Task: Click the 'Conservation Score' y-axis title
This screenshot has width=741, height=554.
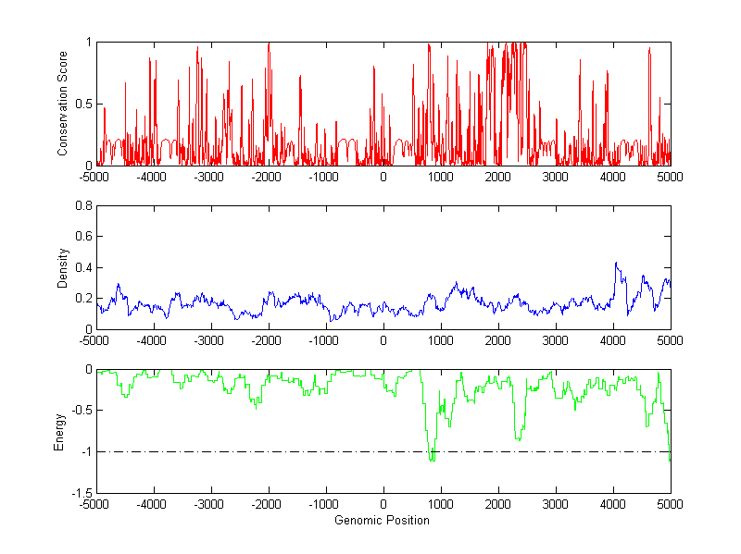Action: coord(63,104)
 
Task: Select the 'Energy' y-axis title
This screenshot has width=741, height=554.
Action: coord(60,431)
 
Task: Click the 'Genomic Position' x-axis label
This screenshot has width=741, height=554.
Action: coord(383,520)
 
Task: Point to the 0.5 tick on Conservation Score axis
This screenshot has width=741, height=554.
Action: coord(83,104)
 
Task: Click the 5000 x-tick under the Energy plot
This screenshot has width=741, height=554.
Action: coord(670,504)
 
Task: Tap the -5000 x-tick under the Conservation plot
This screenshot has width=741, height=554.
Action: coord(94,177)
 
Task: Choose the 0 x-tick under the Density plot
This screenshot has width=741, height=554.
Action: coord(383,340)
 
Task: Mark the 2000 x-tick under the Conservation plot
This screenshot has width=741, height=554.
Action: coord(498,177)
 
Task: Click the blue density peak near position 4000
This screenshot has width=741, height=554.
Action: coord(616,264)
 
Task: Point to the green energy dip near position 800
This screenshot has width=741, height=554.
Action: coord(431,460)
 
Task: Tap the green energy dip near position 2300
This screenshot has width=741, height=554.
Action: coord(517,439)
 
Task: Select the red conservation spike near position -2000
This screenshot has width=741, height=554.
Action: coord(269,44)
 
